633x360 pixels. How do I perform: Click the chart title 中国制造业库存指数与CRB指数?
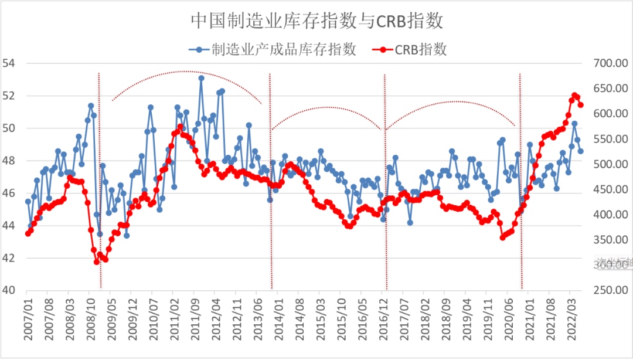(316, 21)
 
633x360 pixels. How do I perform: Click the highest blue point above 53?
(201, 78)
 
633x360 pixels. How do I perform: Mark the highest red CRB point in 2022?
(575, 95)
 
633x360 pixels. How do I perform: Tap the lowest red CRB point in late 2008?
(97, 261)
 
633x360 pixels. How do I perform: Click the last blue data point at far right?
(581, 151)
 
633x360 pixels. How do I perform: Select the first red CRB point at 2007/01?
(28, 233)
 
